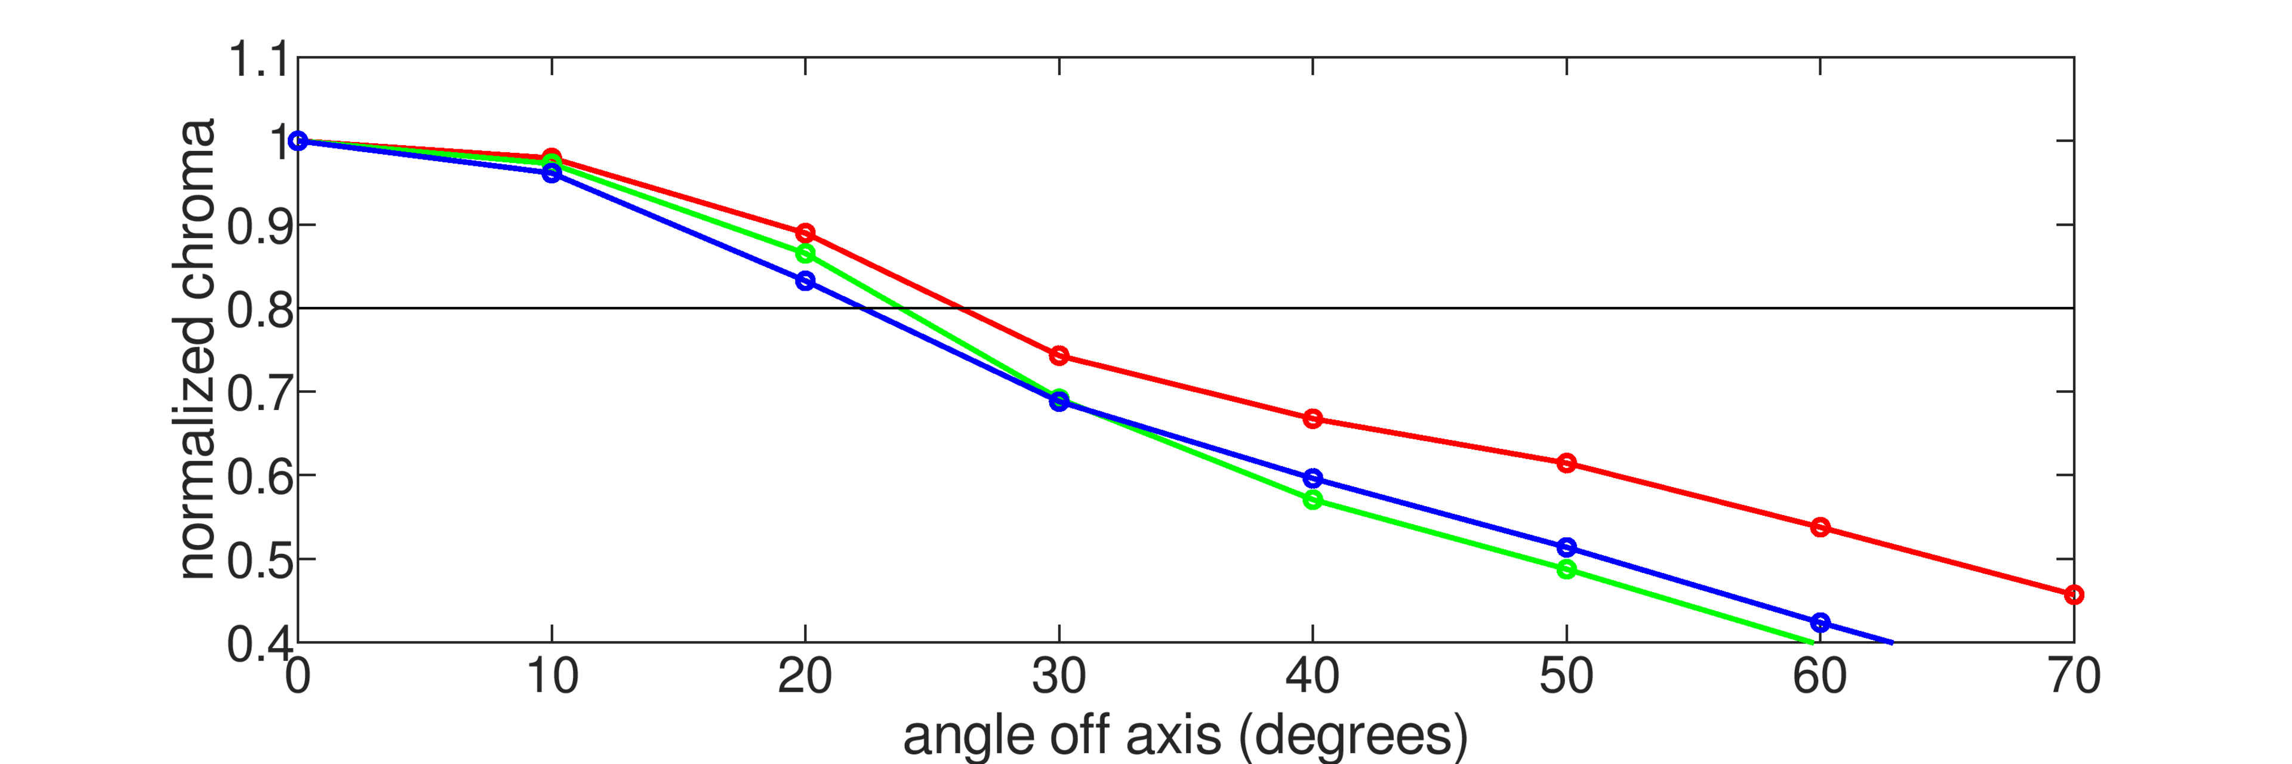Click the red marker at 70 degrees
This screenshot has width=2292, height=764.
coord(2073,594)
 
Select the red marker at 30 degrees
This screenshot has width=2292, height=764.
coord(1059,356)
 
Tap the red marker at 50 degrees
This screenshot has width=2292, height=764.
coord(1567,463)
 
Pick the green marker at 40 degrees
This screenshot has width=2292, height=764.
coord(1313,500)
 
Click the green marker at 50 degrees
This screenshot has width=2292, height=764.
coord(1567,569)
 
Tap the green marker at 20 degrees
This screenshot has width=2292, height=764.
coord(805,254)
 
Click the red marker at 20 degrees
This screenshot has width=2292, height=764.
coord(805,233)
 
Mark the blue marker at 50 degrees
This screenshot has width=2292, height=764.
coord(1567,547)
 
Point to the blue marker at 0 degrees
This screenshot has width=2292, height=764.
coord(298,140)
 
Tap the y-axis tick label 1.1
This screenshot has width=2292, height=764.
coord(258,60)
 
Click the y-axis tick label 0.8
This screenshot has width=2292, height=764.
coord(258,310)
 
